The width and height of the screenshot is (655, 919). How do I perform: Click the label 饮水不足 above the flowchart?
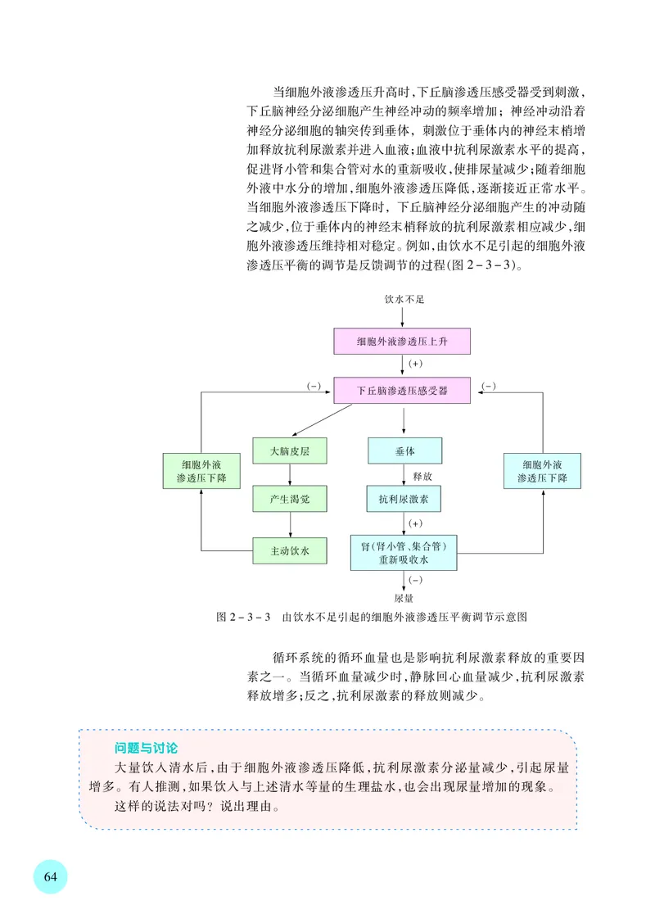(404, 301)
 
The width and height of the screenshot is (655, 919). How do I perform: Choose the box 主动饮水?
(288, 550)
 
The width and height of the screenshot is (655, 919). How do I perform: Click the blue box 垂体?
(404, 451)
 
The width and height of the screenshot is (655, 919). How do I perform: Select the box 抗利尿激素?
(404, 497)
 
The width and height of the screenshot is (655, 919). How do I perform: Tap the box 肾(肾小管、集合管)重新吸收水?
(403, 553)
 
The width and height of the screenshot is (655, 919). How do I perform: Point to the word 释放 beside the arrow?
(422, 475)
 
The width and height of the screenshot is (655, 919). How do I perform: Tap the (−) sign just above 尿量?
(414, 580)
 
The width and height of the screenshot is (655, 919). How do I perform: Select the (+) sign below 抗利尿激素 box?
(414, 523)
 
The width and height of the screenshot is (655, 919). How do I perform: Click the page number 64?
(50, 876)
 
